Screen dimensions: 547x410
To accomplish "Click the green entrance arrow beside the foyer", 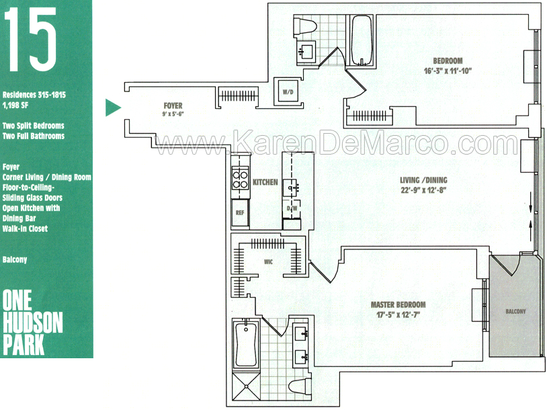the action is [x=112, y=108].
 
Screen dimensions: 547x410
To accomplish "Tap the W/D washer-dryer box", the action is [x=288, y=92].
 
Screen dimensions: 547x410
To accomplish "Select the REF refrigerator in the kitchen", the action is [x=240, y=212].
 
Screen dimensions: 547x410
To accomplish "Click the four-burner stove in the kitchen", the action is [x=240, y=178].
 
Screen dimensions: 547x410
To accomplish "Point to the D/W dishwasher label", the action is [x=292, y=208].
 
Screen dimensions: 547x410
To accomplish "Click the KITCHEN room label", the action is [x=265, y=182].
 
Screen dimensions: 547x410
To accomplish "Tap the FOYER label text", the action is [x=173, y=106].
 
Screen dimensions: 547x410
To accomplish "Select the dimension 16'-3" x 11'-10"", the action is [x=448, y=71].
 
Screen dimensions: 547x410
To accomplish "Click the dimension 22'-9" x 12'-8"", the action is [x=423, y=190].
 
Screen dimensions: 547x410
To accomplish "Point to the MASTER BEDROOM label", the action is [x=398, y=304].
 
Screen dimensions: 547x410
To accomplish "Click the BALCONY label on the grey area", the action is [x=515, y=311].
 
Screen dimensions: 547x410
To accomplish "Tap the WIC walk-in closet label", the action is [x=268, y=261].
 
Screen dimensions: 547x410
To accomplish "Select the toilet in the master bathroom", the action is [x=300, y=386].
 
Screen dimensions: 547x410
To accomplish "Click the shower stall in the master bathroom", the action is [x=247, y=386].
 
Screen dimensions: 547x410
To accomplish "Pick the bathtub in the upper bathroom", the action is [x=362, y=40].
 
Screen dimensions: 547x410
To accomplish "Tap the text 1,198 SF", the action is [x=15, y=105].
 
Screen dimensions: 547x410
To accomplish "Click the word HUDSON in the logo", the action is [x=33, y=322].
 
